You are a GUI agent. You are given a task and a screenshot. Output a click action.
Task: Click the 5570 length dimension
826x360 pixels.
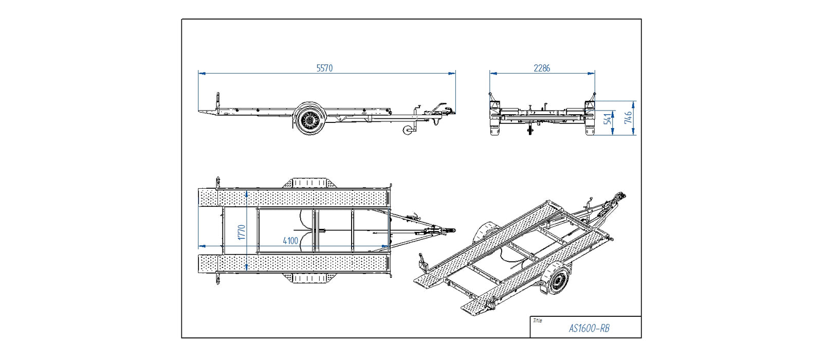tap(324, 68)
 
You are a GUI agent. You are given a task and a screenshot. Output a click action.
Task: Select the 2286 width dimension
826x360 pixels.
tap(542, 68)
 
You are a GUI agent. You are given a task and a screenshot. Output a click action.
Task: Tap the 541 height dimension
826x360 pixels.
tap(609, 119)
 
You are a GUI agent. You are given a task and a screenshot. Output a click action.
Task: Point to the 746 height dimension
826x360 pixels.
tap(629, 118)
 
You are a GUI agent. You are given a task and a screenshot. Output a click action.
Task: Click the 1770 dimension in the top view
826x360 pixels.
tap(242, 231)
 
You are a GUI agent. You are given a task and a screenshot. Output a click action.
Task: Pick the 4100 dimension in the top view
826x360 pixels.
tap(290, 241)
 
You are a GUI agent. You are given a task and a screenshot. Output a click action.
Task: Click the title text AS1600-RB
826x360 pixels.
tap(589, 328)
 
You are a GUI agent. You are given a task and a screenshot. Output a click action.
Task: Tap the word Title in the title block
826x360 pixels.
tap(537, 320)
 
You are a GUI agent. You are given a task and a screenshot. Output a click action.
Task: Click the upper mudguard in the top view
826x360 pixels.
tap(309, 183)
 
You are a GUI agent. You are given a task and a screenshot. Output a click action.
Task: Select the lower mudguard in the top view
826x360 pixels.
tap(309, 278)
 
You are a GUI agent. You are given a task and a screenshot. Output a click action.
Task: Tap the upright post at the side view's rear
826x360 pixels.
tap(218, 101)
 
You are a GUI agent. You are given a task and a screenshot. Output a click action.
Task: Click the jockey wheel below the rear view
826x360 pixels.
tap(530, 131)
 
